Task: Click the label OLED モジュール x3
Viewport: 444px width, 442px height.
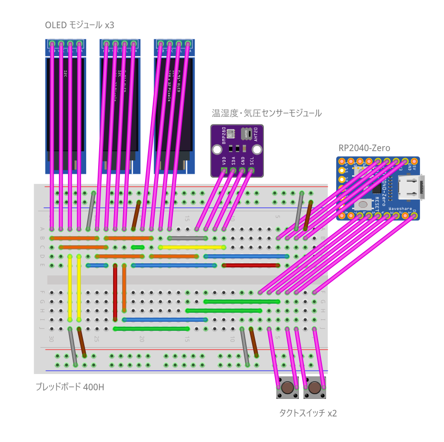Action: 80,25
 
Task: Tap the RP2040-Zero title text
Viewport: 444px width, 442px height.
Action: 364,148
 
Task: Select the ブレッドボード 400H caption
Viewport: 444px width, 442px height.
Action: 69,386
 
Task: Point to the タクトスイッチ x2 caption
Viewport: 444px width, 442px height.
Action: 308,413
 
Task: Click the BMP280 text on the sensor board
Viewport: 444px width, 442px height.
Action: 224,135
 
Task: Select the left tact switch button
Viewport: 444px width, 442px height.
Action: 287,387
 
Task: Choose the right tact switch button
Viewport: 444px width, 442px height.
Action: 315,387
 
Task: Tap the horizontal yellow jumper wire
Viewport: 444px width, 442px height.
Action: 192,248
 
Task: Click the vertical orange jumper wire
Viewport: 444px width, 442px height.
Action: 124,287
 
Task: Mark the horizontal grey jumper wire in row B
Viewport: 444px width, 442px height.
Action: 187,238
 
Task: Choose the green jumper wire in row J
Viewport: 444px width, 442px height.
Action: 151,329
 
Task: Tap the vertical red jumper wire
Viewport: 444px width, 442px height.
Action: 115,292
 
